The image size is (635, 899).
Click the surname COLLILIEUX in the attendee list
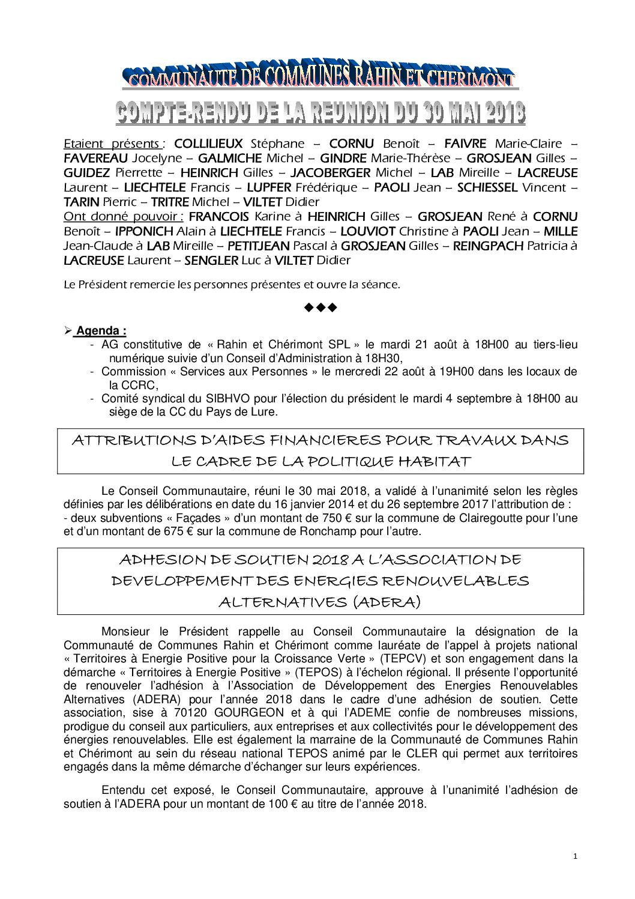pos(208,144)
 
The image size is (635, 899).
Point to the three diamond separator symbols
pos(321,308)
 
